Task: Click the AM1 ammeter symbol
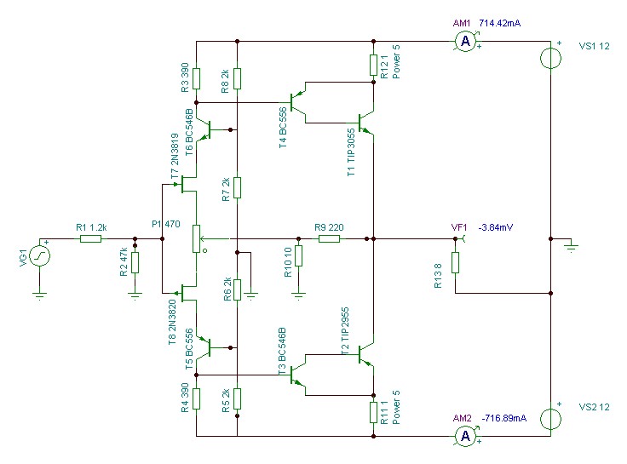coord(465,41)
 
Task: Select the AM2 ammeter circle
coord(465,436)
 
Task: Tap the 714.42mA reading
coord(499,23)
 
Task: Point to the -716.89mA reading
coord(503,418)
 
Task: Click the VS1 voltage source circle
coord(550,59)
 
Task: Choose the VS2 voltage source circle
coord(550,419)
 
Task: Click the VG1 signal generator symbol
coord(39,255)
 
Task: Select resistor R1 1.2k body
coord(91,239)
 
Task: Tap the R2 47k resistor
coord(135,262)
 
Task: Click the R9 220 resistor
coord(329,239)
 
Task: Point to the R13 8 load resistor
coord(455,262)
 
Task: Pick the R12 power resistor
coord(373,66)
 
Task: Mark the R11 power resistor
coord(373,412)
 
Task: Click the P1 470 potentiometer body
coord(196,239)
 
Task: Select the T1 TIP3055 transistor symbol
coord(365,123)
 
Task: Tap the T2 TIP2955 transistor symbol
coord(365,354)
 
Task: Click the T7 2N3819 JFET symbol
coord(187,184)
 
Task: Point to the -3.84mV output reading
coord(496,227)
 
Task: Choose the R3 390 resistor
coord(196,78)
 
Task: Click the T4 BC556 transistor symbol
coord(297,103)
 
